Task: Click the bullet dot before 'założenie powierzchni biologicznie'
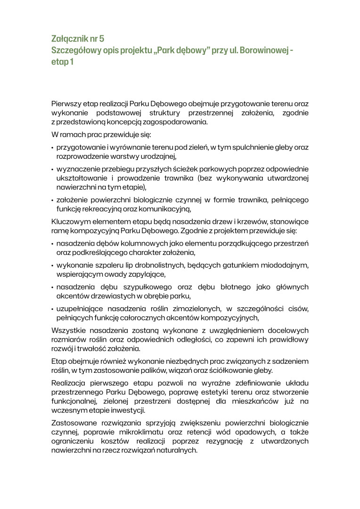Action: [53, 200]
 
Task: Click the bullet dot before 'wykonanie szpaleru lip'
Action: [53, 265]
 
